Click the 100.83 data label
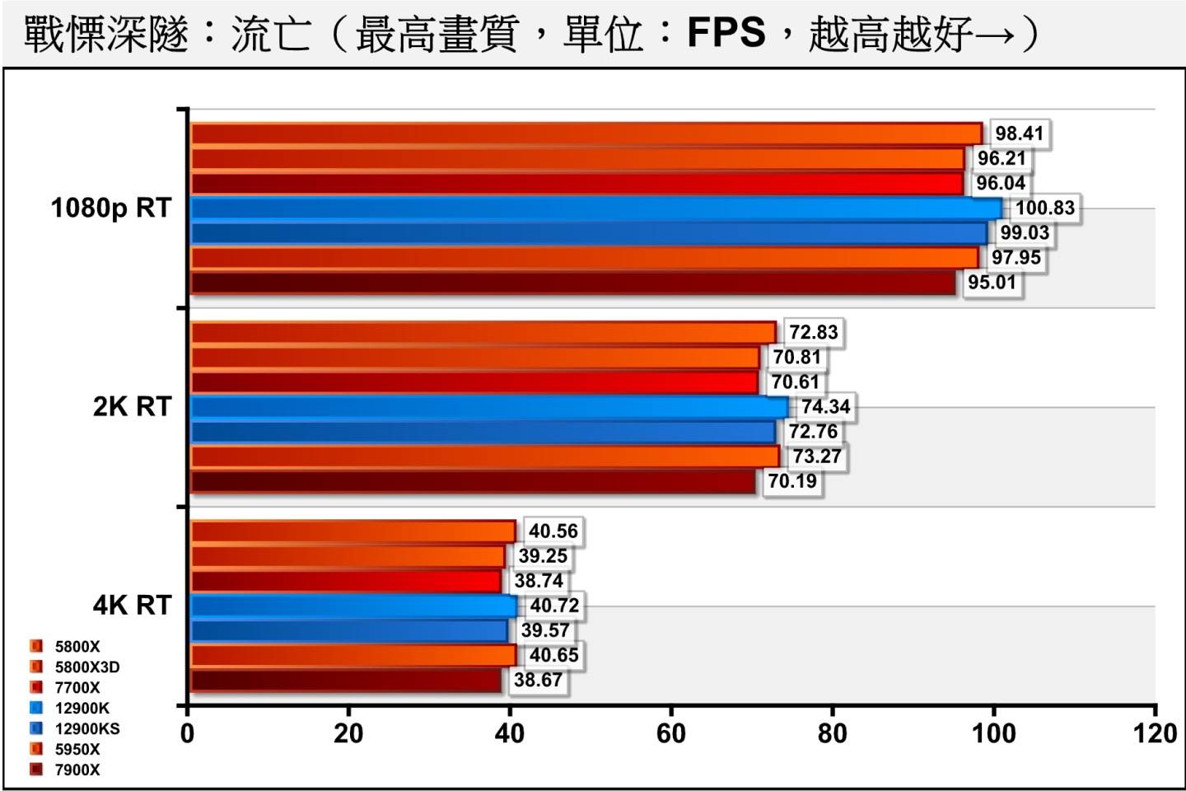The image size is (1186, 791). (1044, 208)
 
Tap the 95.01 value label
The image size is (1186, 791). (992, 283)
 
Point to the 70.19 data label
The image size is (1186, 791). (792, 481)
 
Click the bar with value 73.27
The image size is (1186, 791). (484, 456)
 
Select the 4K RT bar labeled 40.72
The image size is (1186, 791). (353, 606)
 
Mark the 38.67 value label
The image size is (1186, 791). (538, 680)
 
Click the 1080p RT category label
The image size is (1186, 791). (111, 208)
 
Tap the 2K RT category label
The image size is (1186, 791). (132, 407)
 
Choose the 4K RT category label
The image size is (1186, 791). (132, 606)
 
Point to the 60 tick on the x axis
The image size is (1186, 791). (671, 733)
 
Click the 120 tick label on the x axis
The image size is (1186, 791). (1155, 733)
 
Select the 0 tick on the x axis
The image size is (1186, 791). (188, 733)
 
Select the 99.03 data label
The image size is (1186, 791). (1025, 233)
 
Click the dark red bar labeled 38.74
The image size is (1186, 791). (346, 581)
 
